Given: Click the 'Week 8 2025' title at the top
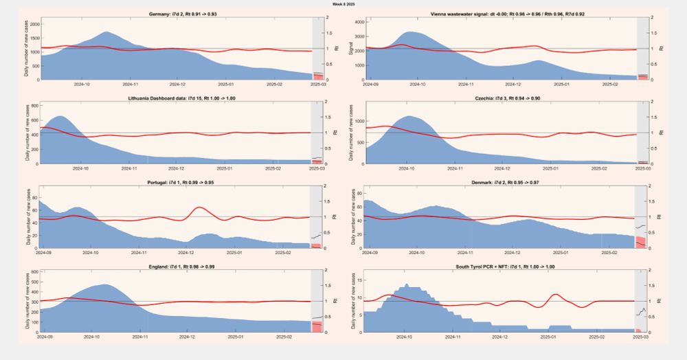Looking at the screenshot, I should click(x=343, y=4).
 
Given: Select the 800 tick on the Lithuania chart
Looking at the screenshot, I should click(x=34, y=106).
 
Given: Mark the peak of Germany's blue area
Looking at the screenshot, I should click(x=106, y=32).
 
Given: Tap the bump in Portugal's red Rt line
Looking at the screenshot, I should click(x=199, y=207).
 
